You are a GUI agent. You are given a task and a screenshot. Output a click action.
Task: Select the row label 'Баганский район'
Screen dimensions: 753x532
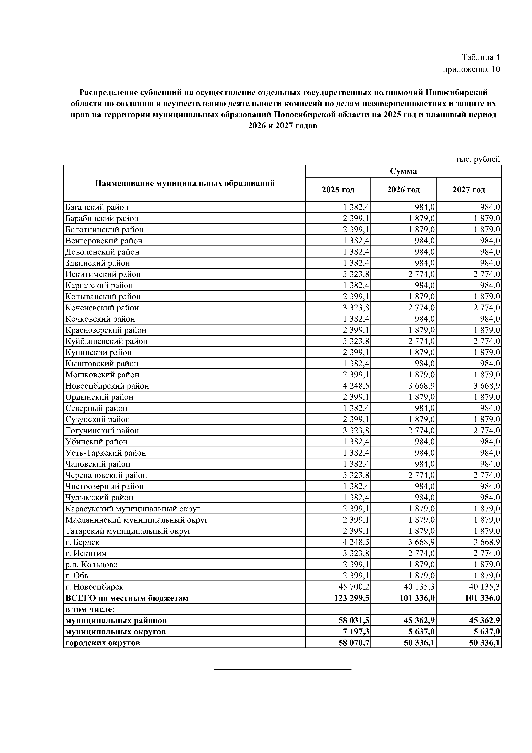coord(97,207)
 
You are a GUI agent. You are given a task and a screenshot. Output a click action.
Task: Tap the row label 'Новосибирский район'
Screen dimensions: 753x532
coord(107,386)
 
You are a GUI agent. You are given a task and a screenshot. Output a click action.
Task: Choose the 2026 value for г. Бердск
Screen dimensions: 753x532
coord(422,542)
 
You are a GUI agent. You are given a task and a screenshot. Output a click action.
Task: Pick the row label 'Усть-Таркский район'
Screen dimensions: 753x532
coord(106,453)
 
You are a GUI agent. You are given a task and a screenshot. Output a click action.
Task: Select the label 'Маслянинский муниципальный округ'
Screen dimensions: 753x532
coord(137,520)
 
